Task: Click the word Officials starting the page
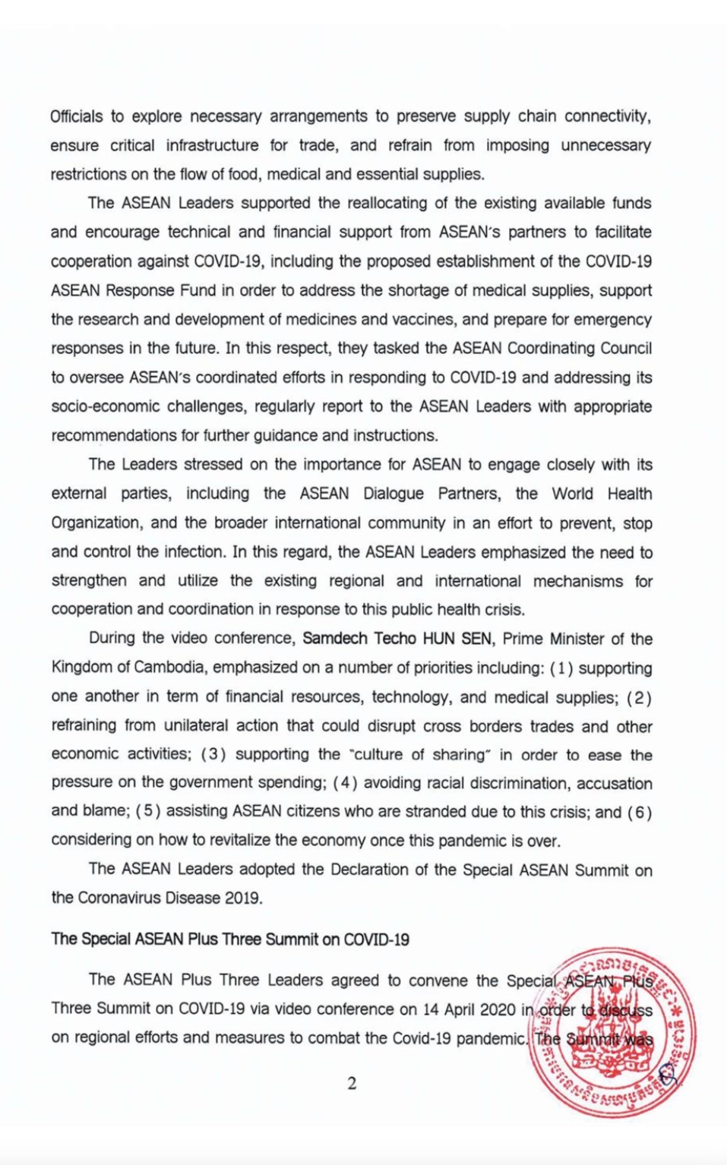(x=76, y=117)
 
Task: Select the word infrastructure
(x=212, y=146)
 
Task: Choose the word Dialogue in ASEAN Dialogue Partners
(x=393, y=494)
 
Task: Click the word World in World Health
(x=572, y=494)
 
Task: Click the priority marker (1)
(x=561, y=668)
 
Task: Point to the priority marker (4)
(x=345, y=784)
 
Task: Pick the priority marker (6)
(x=639, y=813)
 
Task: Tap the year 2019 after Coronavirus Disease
(x=242, y=898)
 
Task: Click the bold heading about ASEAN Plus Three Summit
(x=230, y=939)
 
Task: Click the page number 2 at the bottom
(x=352, y=1084)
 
